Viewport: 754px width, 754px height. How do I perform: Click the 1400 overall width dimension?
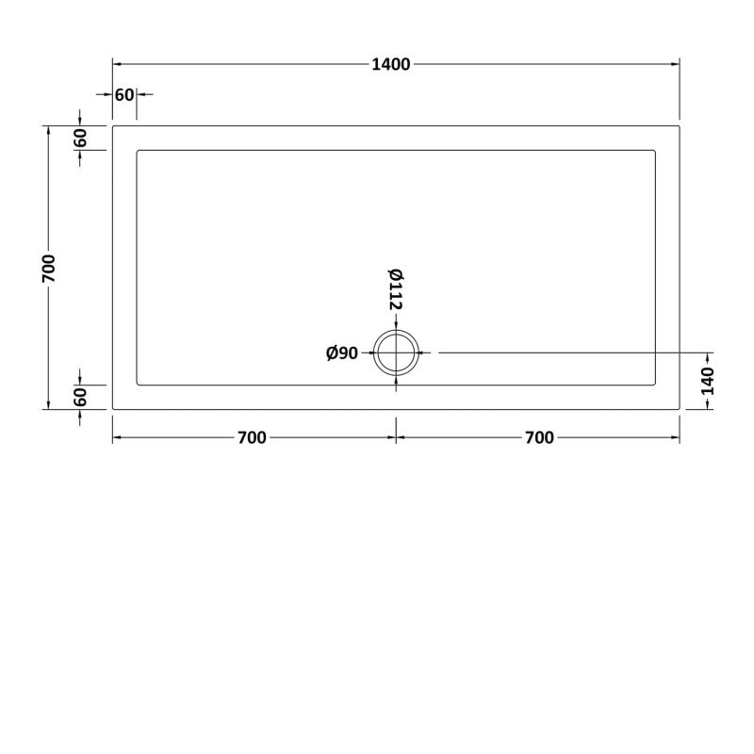390,64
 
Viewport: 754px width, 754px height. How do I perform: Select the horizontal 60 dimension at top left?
123,94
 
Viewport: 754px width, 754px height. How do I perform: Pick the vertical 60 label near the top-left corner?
80,138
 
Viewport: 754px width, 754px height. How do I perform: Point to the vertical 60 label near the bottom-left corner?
80,397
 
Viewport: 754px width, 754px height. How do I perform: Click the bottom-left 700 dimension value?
252,437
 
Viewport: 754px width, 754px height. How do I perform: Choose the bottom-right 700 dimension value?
539,437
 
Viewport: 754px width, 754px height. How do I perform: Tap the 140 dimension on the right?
709,381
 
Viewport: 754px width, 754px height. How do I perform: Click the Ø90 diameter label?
342,352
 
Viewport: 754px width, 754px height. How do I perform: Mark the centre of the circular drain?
396,352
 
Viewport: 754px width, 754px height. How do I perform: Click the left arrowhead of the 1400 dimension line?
117,64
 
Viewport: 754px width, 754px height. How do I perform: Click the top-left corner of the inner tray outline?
139,150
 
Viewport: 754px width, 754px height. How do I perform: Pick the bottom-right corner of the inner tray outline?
654,384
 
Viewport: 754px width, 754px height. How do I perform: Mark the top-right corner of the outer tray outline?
679,125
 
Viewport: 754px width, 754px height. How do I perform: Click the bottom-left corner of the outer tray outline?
113,408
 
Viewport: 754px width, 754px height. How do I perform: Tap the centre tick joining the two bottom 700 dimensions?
396,438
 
